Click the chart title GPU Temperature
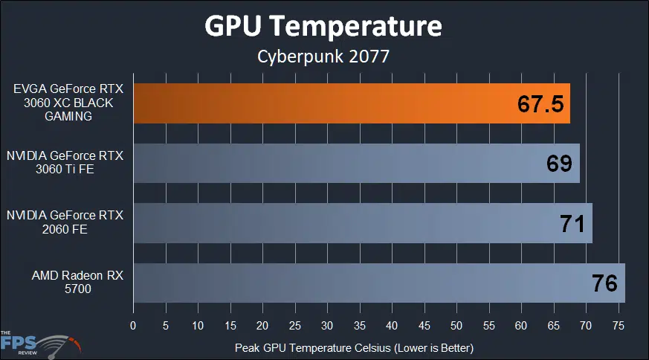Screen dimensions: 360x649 click(x=323, y=27)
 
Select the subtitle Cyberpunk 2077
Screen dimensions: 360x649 click(x=323, y=57)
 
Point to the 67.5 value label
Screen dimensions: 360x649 click(x=541, y=104)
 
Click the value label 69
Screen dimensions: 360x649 click(x=559, y=164)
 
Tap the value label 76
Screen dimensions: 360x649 click(x=604, y=283)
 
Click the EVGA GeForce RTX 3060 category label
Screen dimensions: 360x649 click(x=67, y=103)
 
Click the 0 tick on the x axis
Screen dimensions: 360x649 click(x=133, y=325)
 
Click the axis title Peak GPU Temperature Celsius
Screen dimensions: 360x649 click(x=354, y=347)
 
